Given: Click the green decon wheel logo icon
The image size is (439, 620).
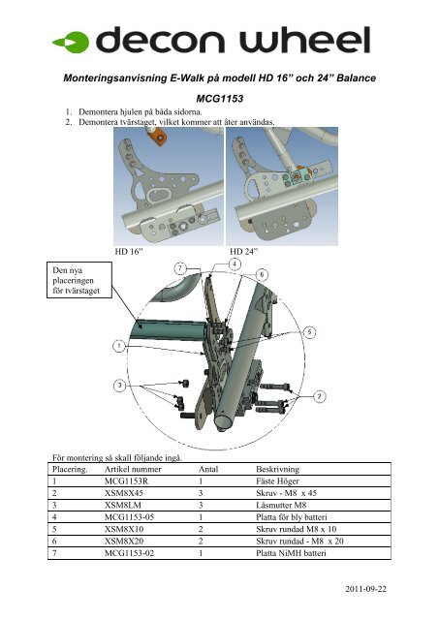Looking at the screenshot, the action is (72, 42).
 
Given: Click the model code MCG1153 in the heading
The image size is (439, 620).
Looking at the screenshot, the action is (219, 99).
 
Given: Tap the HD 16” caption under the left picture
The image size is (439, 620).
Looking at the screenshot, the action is (129, 252).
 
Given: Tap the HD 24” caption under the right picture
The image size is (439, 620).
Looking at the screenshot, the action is (243, 252).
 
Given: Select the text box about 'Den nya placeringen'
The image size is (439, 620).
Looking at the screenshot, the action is (79, 280).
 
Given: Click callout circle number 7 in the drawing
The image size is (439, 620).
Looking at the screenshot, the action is (180, 269).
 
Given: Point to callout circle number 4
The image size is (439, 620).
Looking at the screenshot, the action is (235, 263).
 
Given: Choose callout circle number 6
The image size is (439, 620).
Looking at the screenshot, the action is (262, 274).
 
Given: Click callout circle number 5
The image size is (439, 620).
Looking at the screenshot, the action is (310, 331).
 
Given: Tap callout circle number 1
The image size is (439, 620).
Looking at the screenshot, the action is (119, 347).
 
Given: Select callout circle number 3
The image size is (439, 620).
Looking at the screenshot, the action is (119, 386).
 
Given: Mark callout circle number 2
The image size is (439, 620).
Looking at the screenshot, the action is (319, 396).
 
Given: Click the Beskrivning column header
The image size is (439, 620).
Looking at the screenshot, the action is (277, 469).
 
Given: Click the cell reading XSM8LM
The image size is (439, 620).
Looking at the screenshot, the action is (123, 505).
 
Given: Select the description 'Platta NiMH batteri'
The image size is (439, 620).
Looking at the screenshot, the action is (291, 553).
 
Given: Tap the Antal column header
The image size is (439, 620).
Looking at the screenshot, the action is (208, 469).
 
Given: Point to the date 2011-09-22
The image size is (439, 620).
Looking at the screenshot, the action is (366, 589).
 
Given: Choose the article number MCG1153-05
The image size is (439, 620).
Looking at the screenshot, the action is (129, 517).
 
